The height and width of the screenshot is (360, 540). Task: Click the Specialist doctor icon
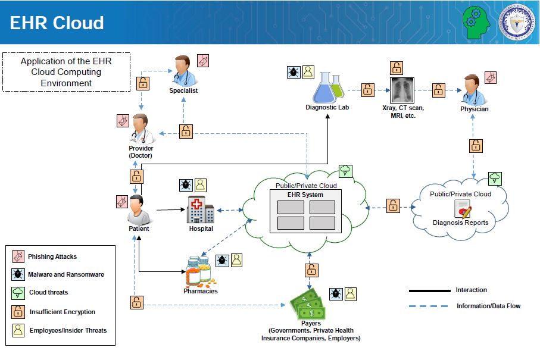coord(184,71)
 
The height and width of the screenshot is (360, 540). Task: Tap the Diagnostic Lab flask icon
coord(328,87)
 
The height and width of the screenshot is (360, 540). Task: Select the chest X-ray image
coord(402,90)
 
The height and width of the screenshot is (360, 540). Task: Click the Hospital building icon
coord(201,210)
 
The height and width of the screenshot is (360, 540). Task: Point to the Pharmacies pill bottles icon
coord(201,271)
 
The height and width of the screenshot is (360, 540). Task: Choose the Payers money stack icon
coord(307,303)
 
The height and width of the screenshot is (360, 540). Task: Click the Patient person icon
coord(139,210)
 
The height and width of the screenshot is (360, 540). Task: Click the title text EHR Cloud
coord(57,23)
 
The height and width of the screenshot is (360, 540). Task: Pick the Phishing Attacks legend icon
coord(18,256)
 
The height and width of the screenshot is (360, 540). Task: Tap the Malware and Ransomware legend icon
coord(18,274)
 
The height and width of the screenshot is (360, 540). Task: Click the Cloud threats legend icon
coord(18,293)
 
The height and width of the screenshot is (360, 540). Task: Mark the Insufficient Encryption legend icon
coord(18,312)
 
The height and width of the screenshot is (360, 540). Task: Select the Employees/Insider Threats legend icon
coord(18,330)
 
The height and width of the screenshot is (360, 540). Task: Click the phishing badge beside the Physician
coord(491,78)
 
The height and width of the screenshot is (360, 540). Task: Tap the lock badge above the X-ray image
coord(397,68)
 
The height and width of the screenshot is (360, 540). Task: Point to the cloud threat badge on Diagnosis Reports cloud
coord(495,179)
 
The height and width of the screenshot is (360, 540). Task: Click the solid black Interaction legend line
coord(429,291)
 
